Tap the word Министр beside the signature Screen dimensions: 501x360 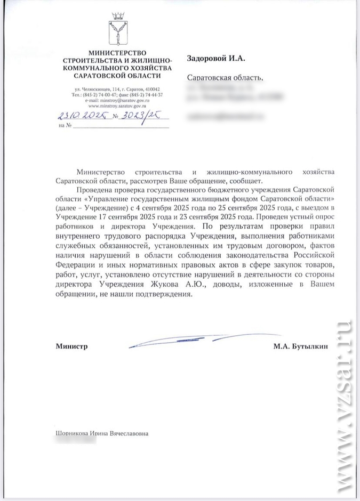coord(71,346)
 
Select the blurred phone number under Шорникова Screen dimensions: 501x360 coord(75,443)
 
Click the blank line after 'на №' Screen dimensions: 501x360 coord(120,126)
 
